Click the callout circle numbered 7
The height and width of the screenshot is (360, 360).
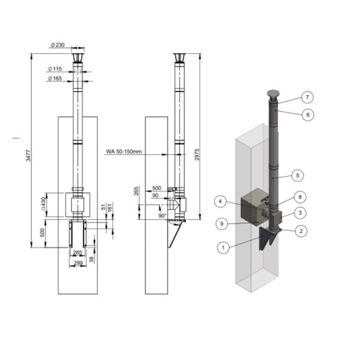pyautogui.click(x=307, y=97)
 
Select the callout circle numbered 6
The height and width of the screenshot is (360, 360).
pyautogui.click(x=308, y=115)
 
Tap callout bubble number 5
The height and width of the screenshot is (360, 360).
pyautogui.click(x=298, y=175)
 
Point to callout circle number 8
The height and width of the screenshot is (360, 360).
pyautogui.click(x=300, y=197)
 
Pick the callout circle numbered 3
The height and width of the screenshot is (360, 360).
pyautogui.click(x=301, y=213)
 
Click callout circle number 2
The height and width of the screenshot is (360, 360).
pyautogui.click(x=301, y=231)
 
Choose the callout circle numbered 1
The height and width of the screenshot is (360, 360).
pyautogui.click(x=223, y=247)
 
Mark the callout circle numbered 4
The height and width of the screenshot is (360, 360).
pyautogui.click(x=220, y=202)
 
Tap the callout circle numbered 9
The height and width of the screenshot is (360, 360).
pyautogui.click(x=221, y=223)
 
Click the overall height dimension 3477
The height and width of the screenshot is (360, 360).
pyautogui.click(x=28, y=155)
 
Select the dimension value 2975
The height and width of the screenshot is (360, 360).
pyautogui.click(x=197, y=155)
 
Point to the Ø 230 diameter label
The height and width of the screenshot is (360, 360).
pyautogui.click(x=58, y=45)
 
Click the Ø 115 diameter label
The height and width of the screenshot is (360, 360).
pyautogui.click(x=55, y=68)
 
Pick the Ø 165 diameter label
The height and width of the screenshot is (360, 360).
pyautogui.click(x=55, y=79)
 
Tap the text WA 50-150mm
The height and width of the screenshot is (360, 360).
pyautogui.click(x=124, y=152)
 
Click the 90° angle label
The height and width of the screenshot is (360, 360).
pyautogui.click(x=163, y=216)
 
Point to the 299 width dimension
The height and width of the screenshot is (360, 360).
pyautogui.click(x=78, y=263)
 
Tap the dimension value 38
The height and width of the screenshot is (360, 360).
pyautogui.click(x=91, y=259)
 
